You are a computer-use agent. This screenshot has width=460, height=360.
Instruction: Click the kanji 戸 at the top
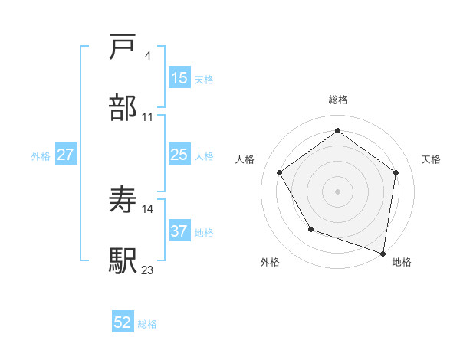[123, 48]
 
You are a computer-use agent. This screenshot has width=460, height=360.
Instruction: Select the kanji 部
[123, 108]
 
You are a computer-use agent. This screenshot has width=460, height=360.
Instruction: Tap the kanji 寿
[123, 200]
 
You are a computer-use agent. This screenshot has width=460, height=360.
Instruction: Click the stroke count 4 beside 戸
[147, 56]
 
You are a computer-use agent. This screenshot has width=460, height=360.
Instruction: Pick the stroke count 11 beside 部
[148, 116]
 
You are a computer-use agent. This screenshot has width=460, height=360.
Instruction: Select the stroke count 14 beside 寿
[148, 208]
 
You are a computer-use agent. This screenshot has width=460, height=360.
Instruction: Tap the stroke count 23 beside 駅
[148, 269]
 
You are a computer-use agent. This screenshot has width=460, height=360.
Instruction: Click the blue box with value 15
[179, 78]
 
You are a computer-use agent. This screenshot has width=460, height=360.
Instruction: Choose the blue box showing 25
[179, 155]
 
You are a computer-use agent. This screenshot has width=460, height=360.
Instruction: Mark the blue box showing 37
[179, 231]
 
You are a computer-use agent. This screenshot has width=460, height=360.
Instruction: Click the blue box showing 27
[66, 155]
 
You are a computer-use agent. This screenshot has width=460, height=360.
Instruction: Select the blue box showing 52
[123, 322]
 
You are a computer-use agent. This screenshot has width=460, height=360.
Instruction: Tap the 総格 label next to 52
[147, 324]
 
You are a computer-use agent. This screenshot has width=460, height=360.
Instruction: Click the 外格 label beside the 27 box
[41, 156]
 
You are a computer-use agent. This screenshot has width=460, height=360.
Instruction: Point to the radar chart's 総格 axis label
[338, 100]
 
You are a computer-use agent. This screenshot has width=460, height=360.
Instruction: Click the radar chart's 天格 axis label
[431, 159]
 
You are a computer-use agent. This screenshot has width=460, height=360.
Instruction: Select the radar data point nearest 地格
[383, 253]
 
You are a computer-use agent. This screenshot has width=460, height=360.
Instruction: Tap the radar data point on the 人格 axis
[280, 172]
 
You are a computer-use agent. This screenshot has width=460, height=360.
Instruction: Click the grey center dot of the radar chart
[338, 191]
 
